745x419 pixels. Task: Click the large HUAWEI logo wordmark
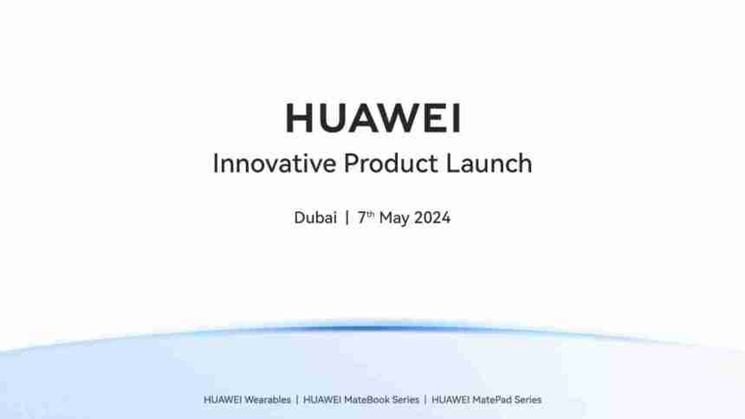click(373, 118)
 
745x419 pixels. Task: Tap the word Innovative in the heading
click(274, 164)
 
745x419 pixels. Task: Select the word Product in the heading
click(391, 164)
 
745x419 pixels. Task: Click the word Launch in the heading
click(489, 164)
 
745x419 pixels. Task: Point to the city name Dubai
click(315, 217)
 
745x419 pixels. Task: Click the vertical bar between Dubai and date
click(347, 217)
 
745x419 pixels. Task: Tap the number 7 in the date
click(362, 217)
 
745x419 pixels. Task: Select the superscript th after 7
click(371, 214)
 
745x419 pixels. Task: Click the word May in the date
click(394, 218)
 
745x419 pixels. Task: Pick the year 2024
click(432, 217)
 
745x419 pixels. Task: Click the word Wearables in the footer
click(268, 400)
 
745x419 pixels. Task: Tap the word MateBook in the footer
click(366, 400)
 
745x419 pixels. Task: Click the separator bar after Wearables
click(297, 400)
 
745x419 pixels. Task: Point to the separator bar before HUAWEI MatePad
click(425, 400)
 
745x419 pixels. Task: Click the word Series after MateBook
click(405, 400)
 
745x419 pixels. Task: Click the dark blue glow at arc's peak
click(373, 328)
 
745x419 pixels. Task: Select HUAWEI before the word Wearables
click(223, 400)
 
